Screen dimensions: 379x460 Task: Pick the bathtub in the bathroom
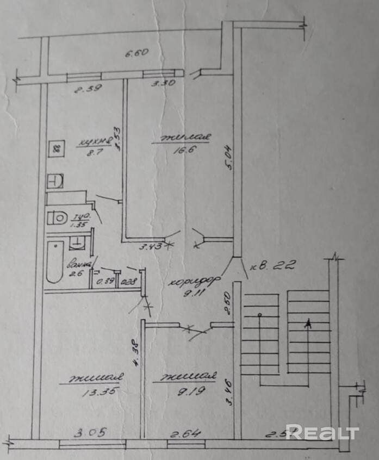pos(54,262)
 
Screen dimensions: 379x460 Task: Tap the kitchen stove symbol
pos(55,148)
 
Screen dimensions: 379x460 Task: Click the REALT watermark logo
pos(322,433)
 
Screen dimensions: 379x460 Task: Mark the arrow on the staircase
pos(308,324)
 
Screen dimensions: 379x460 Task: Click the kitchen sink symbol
pos(55,181)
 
